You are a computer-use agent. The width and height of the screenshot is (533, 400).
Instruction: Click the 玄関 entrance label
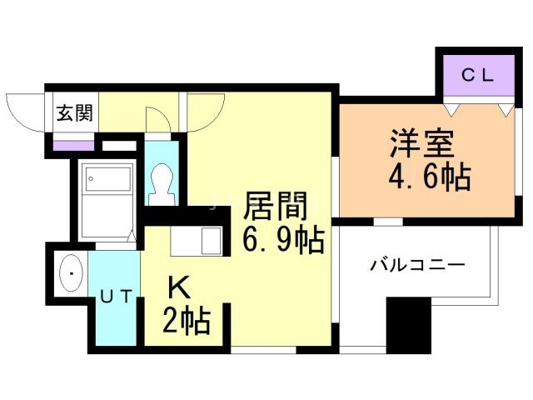[x=73, y=114]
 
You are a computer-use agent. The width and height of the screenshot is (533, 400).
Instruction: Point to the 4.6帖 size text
[x=428, y=177]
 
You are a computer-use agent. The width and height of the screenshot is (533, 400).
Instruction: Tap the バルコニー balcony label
[x=417, y=267]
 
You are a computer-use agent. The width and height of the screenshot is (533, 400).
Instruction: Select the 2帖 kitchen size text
[x=186, y=320]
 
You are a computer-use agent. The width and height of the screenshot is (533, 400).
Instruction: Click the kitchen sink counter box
[x=197, y=241]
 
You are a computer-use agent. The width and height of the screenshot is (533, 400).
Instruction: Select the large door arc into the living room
[x=205, y=113]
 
